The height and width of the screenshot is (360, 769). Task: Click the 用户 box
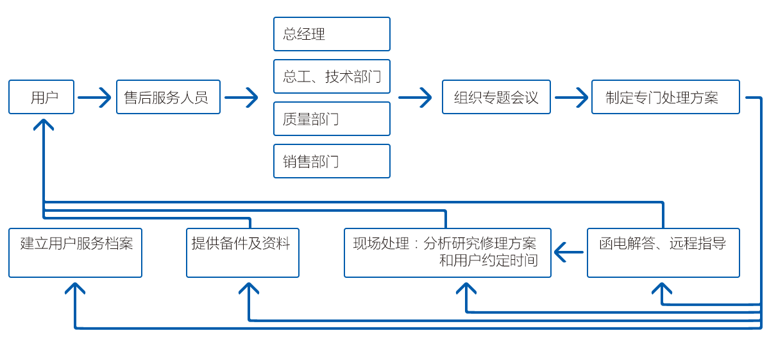[x=41, y=97]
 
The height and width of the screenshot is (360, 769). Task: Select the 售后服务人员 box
[x=168, y=97]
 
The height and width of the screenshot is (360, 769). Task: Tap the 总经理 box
[x=332, y=34]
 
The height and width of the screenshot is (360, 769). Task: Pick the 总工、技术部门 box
[x=332, y=76]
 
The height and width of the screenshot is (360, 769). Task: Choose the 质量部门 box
[x=332, y=119]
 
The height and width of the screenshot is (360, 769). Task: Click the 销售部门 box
[x=332, y=161]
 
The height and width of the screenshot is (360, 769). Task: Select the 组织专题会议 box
[x=496, y=97]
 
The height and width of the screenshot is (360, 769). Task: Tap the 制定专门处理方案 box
[x=665, y=97]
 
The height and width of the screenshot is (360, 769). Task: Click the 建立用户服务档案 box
[x=75, y=253]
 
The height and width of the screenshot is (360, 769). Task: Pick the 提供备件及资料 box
[x=242, y=253]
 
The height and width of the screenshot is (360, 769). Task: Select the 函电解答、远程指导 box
[x=663, y=253]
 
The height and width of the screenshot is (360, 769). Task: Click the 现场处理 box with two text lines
[x=447, y=253]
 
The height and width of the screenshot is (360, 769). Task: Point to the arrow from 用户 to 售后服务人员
[x=94, y=98]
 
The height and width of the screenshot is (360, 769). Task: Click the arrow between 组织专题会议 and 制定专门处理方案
[x=571, y=98]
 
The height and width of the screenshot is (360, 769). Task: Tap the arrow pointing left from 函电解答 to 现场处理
[x=569, y=252]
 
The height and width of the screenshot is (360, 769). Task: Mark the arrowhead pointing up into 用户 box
[x=44, y=124]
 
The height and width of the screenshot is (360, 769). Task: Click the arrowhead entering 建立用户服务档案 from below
[x=75, y=288]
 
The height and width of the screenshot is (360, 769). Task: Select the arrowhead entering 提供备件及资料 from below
[x=249, y=288]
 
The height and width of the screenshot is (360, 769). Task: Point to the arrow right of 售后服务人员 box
[x=241, y=98]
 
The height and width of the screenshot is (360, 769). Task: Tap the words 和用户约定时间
[x=488, y=261]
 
